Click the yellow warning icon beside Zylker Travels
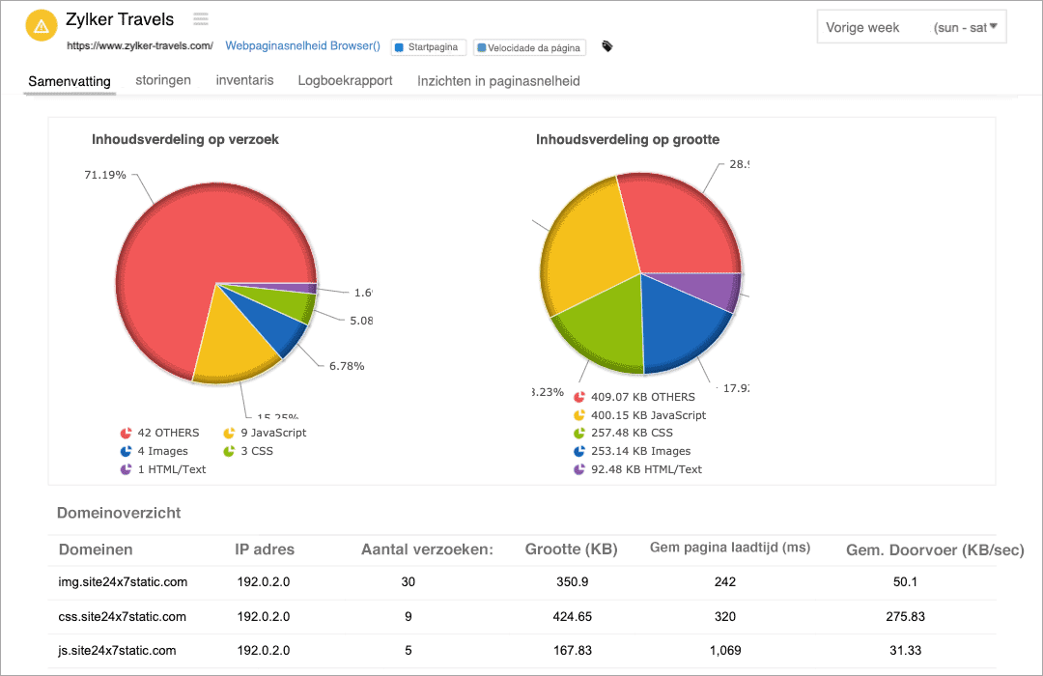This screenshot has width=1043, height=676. click(x=41, y=26)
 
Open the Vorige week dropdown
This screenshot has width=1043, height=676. click(x=911, y=28)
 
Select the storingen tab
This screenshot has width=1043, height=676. click(x=163, y=80)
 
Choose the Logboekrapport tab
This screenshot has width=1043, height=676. click(x=345, y=80)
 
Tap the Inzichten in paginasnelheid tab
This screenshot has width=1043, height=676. click(x=498, y=81)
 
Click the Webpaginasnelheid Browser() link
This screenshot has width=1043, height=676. click(x=302, y=46)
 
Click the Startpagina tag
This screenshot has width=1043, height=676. click(x=430, y=47)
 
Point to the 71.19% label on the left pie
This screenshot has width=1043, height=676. click(x=105, y=175)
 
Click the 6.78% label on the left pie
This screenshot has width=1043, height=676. click(x=346, y=366)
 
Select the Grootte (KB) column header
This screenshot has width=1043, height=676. click(x=571, y=549)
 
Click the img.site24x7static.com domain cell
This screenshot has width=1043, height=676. click(x=123, y=581)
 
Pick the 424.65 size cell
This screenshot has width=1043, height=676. click(x=572, y=616)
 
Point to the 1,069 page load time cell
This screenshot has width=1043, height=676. click(x=725, y=650)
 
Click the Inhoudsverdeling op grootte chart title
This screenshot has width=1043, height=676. click(x=627, y=139)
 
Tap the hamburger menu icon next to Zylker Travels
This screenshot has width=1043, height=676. click(x=201, y=18)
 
